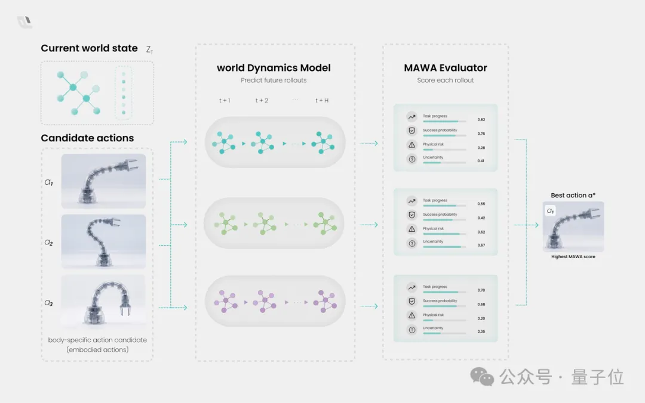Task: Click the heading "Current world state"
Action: [x=89, y=48]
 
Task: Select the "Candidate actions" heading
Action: [x=87, y=138]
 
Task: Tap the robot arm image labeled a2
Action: [x=103, y=241]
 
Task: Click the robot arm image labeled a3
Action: [x=103, y=302]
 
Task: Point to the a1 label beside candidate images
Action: [x=48, y=182]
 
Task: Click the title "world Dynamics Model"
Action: [x=274, y=68]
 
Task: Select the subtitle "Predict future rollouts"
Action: [x=274, y=80]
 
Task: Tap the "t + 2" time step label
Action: [x=262, y=100]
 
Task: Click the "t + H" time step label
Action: [x=322, y=100]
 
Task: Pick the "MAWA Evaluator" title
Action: [x=446, y=68]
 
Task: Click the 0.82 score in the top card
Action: [x=481, y=120]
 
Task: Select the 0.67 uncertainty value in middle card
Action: [x=481, y=245]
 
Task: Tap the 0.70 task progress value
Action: [x=481, y=290]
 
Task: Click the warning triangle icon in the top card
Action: [x=411, y=145]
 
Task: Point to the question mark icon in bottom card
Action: [x=411, y=330]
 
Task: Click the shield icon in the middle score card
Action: [x=411, y=215]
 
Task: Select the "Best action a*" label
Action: [x=573, y=196]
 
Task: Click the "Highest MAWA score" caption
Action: [x=573, y=257]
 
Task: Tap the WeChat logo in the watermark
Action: [x=482, y=377]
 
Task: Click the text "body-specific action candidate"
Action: [x=97, y=340]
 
